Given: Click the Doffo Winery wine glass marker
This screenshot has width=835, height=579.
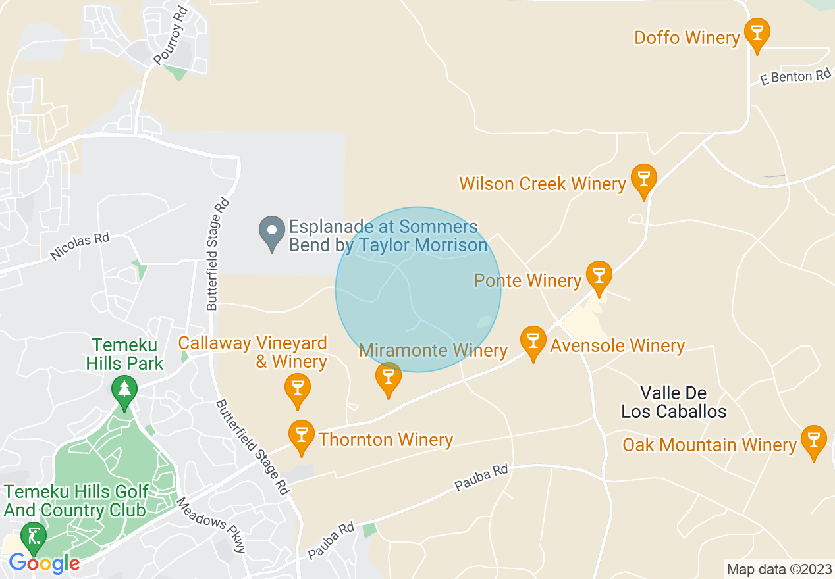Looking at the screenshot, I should tap(757, 33).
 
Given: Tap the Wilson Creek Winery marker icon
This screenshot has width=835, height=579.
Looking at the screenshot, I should tap(643, 179).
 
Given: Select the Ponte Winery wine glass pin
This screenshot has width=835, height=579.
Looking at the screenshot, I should tap(599, 276).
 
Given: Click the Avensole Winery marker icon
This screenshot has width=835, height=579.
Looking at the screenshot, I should tap(533, 341).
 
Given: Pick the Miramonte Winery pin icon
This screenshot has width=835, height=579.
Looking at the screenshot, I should tap(388, 378).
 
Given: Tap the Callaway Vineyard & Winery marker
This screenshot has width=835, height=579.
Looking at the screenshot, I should tap(297, 388).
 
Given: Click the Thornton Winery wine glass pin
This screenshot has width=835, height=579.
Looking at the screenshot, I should tap(302, 435).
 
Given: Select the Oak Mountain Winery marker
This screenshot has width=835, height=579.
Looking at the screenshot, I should tap(813, 440).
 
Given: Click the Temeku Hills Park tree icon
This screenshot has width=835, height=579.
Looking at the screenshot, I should tap(124, 390).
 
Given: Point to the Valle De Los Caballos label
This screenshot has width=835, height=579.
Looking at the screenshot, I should tap(674, 403).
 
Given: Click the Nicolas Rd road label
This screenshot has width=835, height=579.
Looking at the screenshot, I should tap(80, 245).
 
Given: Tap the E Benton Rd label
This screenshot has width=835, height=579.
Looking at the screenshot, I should tap(795, 77).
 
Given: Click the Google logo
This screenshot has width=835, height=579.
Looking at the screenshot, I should tap(44, 564).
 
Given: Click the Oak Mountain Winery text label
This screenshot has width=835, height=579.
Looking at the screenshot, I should tap(709, 445).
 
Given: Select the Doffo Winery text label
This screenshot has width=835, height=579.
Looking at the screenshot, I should tap(687, 38).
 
